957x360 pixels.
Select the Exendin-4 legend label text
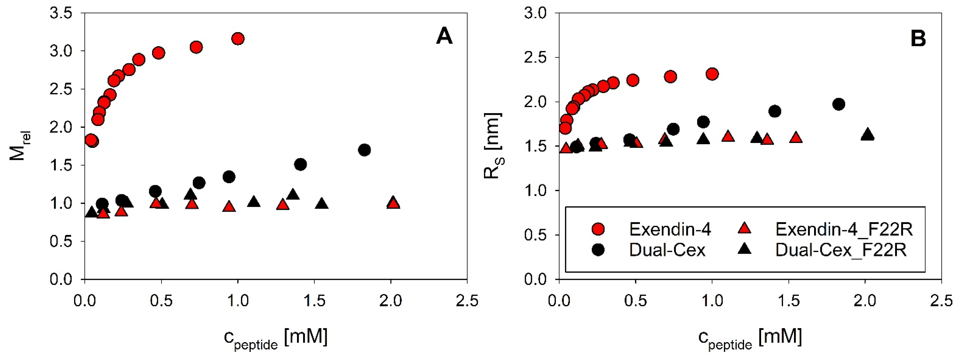[670, 230]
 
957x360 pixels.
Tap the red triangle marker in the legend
[744, 228]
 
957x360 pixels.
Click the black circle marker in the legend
[598, 250]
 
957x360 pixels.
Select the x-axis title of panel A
[276, 338]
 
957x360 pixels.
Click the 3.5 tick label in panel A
[61, 13]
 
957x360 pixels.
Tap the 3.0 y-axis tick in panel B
[535, 13]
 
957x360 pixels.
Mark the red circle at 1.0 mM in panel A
[238, 39]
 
